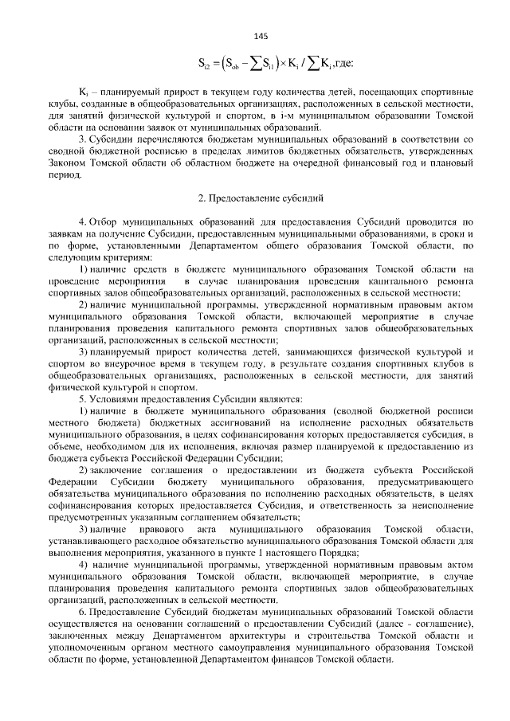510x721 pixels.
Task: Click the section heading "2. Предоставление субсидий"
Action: coord(260,196)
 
